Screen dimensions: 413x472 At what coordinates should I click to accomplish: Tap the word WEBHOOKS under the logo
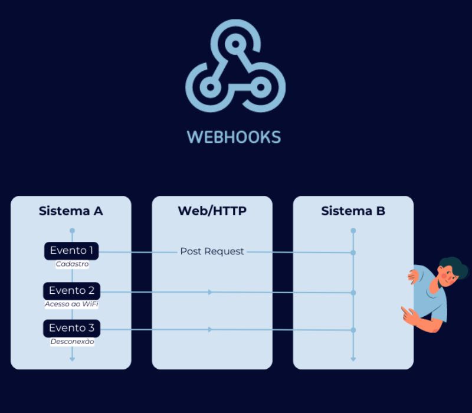(x=234, y=137)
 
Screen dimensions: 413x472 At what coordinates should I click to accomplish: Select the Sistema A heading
(x=71, y=211)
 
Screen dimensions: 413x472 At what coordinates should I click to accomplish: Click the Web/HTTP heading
(x=212, y=211)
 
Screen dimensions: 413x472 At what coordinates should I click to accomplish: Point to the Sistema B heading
(x=353, y=211)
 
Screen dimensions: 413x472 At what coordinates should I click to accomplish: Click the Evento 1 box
(x=71, y=251)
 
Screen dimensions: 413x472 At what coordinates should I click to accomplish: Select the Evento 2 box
(x=71, y=290)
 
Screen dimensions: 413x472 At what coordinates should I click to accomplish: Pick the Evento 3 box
(x=71, y=328)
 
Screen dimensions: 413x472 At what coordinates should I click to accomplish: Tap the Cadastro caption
(x=72, y=264)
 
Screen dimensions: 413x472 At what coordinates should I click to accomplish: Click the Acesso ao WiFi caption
(x=71, y=304)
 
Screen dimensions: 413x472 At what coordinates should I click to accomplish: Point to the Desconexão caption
(x=72, y=342)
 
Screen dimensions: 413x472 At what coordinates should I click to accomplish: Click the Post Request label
(x=212, y=251)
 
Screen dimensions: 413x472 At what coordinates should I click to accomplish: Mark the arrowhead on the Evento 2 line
(x=210, y=292)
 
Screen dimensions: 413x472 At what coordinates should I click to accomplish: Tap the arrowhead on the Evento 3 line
(x=210, y=329)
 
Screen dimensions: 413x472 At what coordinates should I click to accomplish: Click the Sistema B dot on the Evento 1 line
(x=353, y=253)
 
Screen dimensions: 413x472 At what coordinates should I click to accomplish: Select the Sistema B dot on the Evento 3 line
(x=353, y=330)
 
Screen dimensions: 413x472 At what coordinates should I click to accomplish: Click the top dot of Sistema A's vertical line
(x=72, y=230)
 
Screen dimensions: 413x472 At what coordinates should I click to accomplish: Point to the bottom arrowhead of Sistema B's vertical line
(x=353, y=358)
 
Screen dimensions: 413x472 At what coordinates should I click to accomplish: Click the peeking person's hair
(x=453, y=264)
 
